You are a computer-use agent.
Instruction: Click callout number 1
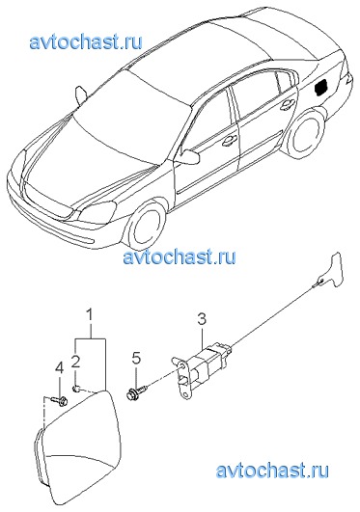pos(90,316)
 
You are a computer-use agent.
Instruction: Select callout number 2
pos(76,362)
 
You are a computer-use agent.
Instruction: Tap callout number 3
pos(202,319)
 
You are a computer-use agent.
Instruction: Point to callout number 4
pos(60,369)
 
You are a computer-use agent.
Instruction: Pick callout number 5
pos(136,358)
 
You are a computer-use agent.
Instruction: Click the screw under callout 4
pos(60,400)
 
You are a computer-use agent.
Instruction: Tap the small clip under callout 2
pos(75,389)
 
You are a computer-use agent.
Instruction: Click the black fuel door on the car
pos(321,87)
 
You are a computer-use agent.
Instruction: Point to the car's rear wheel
pos(305,134)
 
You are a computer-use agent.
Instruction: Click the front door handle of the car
pos(229,141)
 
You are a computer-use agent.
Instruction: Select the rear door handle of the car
pos(287,105)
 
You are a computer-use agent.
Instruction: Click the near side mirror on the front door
pos(187,156)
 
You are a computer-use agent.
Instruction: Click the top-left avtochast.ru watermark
pos(86,42)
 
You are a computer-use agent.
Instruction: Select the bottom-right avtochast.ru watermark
pos(272,471)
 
